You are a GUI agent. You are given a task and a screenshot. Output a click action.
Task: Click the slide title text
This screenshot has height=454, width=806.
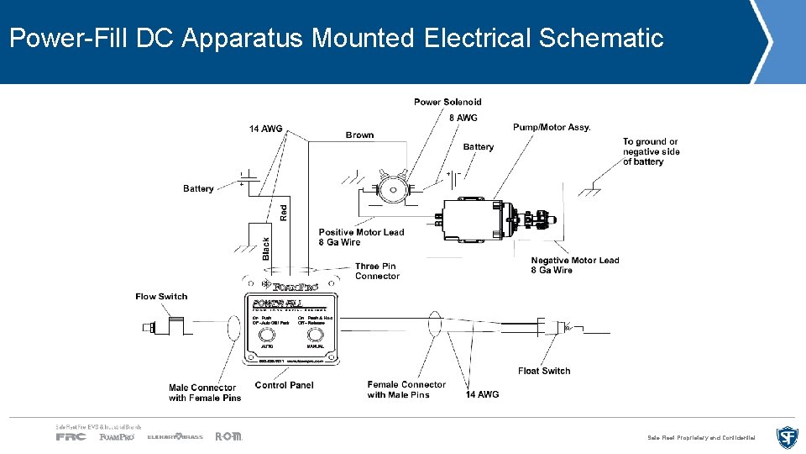coord(336,39)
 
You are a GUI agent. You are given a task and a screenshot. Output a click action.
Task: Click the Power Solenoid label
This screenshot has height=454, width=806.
coord(447,102)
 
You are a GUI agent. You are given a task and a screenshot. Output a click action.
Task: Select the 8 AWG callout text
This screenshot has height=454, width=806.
coord(463,118)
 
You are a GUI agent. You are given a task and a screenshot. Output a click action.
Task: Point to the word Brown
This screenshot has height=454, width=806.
coord(359,135)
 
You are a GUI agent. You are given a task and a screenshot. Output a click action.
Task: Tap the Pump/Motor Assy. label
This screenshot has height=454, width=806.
coord(552,127)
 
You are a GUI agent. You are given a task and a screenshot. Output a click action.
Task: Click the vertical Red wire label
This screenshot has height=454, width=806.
coord(283,213)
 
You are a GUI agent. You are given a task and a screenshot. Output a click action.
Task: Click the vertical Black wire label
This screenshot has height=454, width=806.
coord(266,246)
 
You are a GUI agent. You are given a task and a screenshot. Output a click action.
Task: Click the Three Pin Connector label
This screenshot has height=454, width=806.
coord(377,271)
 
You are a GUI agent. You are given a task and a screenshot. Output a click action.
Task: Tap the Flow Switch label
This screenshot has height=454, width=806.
coord(161,296)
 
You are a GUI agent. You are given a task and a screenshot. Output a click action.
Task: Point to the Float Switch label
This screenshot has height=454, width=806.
coord(544,371)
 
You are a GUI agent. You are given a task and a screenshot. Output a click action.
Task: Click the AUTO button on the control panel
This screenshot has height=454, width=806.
coord(267,335)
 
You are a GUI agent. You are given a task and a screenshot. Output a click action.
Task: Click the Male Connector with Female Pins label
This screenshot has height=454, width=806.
coord(204,393)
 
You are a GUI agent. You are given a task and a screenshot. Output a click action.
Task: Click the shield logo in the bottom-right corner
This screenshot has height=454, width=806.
coord(787,437)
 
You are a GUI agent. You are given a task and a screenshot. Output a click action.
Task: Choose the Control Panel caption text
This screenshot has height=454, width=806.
coord(284,385)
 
